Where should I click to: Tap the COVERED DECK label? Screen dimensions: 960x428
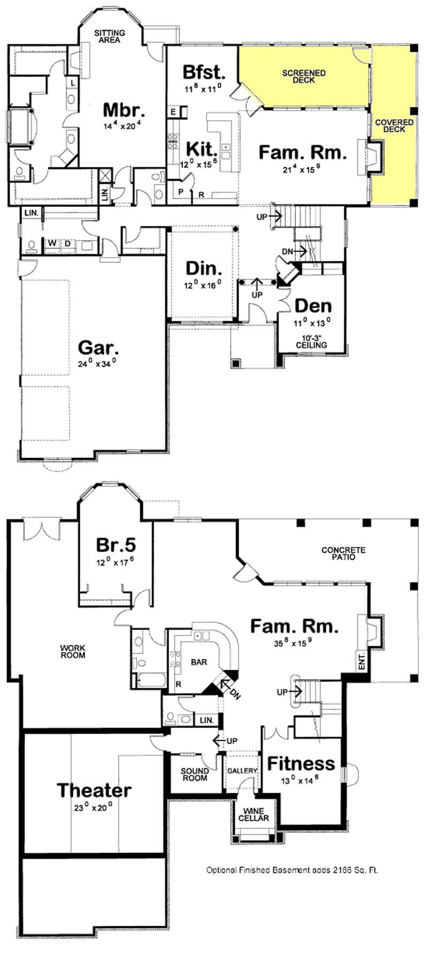pyautogui.click(x=394, y=126)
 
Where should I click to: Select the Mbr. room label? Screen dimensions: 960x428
pyautogui.click(x=124, y=110)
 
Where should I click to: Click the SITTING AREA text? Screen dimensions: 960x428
pyautogui.click(x=110, y=36)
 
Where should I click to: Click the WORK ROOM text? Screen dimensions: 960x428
pyautogui.click(x=73, y=652)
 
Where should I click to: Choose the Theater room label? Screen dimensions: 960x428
pyautogui.click(x=94, y=789)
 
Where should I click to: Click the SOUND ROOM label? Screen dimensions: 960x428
pyautogui.click(x=195, y=775)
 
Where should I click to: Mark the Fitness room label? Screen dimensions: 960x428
pyautogui.click(x=301, y=763)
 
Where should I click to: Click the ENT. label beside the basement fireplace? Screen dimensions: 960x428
pyautogui.click(x=361, y=657)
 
